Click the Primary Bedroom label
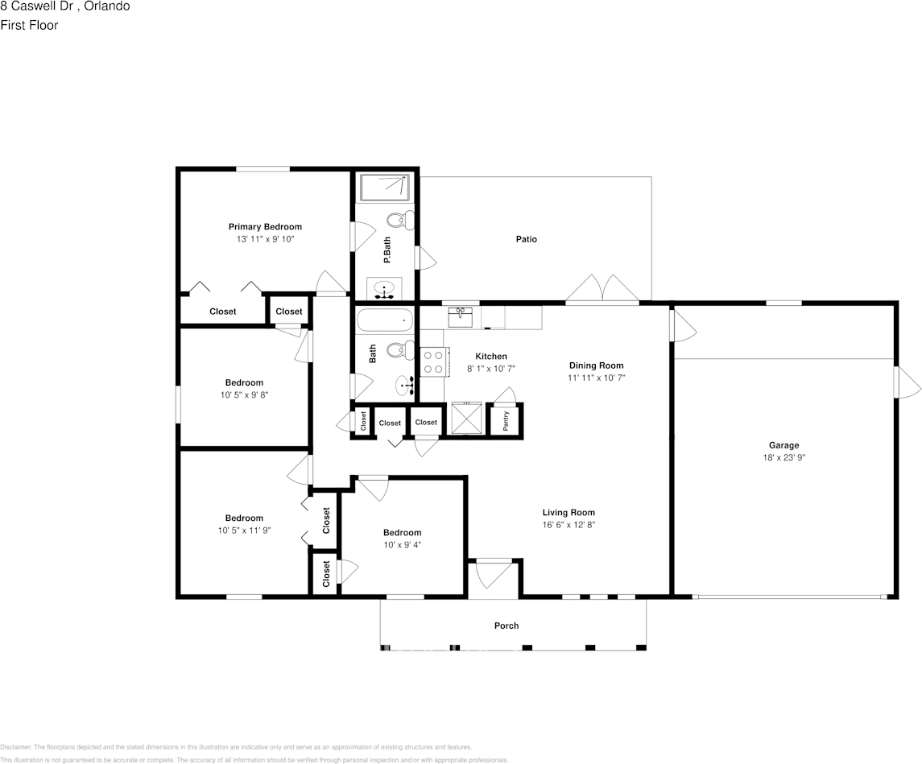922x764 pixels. pos(265,227)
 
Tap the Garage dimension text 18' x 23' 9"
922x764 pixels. pos(783,457)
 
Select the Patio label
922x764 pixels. pos(527,239)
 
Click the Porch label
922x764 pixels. pos(506,626)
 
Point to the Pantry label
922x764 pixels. pos(506,421)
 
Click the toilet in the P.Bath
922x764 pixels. pos(399,220)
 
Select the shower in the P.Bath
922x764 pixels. pos(384,188)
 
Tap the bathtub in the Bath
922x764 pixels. pos(383,321)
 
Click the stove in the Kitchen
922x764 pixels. pos(432,361)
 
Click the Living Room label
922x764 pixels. pos(568,513)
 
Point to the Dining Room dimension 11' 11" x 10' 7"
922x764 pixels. pos(596,377)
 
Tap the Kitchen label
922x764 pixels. pos(491,356)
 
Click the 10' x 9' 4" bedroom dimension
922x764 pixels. pos(402,544)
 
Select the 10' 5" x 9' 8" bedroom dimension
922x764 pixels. pos(243,394)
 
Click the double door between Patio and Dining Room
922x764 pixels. pos(602,290)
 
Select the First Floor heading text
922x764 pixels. pos(29,25)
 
